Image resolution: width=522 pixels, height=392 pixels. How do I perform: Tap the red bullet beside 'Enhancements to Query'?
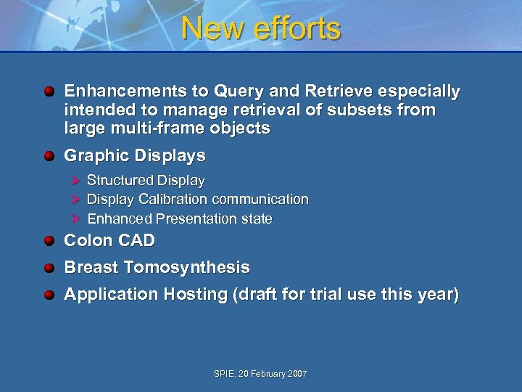click(x=48, y=92)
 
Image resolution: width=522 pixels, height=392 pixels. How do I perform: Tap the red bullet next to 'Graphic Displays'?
click(x=48, y=156)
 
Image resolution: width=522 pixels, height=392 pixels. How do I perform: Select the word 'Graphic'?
click(x=93, y=156)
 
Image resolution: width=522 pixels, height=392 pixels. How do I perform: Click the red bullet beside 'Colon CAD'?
click(x=48, y=241)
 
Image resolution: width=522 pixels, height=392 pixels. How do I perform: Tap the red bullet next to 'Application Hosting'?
click(x=48, y=295)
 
